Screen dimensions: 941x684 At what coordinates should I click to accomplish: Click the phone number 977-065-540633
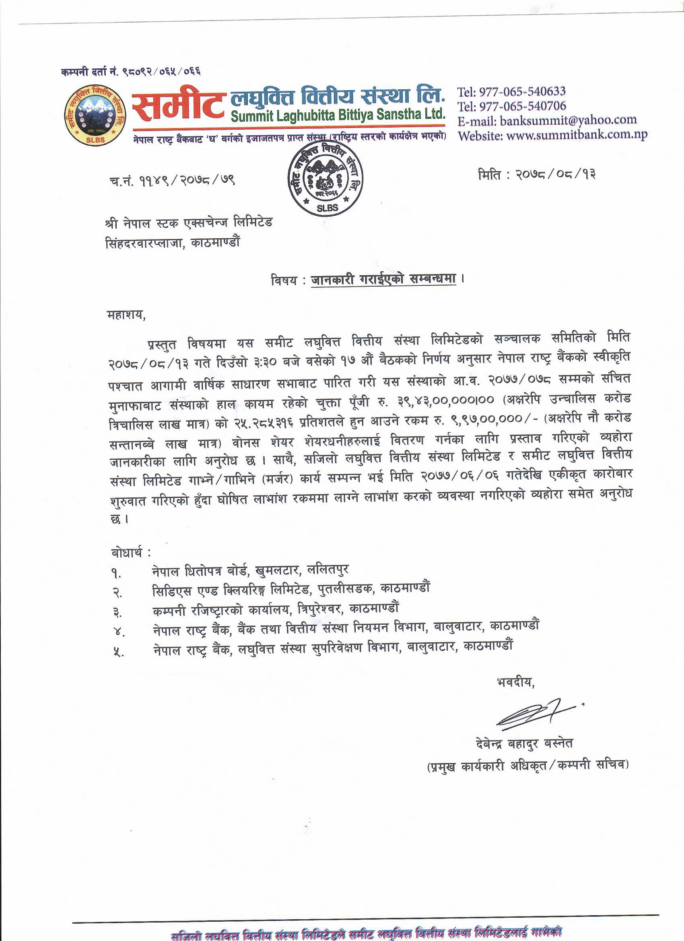coord(522,92)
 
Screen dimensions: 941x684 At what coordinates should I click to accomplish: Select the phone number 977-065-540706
coord(522,106)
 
